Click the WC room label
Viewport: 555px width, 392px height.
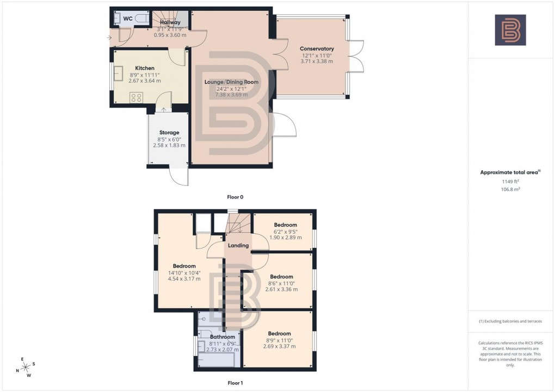pyautogui.click(x=128, y=18)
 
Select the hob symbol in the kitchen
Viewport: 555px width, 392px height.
pyautogui.click(x=137, y=98)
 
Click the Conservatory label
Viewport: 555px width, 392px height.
pyautogui.click(x=317, y=49)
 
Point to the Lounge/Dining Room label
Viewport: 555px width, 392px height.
pyautogui.click(x=231, y=82)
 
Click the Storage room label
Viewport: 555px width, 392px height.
pyautogui.click(x=169, y=132)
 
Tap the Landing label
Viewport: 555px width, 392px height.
pyautogui.click(x=238, y=245)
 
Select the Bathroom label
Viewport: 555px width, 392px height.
pyautogui.click(x=222, y=337)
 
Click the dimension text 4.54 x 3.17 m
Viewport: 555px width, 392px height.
pyautogui.click(x=184, y=279)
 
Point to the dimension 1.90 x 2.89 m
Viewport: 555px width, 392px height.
pyautogui.click(x=286, y=238)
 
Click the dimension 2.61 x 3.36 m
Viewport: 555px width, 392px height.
pyautogui.click(x=281, y=289)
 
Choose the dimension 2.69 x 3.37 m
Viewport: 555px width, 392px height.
pyautogui.click(x=279, y=346)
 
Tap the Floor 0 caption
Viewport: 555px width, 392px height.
pyautogui.click(x=235, y=197)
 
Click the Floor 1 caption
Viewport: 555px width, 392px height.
pyautogui.click(x=235, y=383)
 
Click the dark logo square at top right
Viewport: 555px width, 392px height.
pyautogui.click(x=510, y=30)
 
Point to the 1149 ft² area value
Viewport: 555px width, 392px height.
pyautogui.click(x=510, y=182)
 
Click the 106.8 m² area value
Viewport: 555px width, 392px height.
pyautogui.click(x=510, y=190)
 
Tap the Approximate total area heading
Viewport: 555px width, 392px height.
pyautogui.click(x=510, y=172)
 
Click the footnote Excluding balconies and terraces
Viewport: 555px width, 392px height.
pyautogui.click(x=510, y=321)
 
